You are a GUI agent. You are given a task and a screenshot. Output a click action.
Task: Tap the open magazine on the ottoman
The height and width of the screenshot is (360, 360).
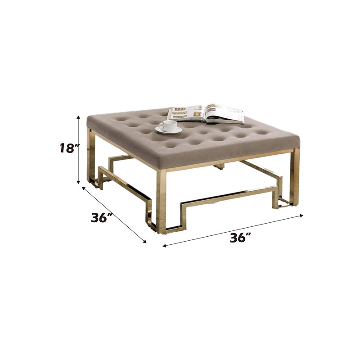205,114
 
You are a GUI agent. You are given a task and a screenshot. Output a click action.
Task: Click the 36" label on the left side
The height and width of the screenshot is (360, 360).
101,218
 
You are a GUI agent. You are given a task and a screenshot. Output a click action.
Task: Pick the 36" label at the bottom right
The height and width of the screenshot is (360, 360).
240,238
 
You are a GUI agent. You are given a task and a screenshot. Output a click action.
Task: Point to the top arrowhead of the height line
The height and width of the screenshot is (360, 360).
78,117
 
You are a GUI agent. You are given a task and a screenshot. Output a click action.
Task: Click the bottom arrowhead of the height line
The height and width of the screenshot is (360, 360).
78,182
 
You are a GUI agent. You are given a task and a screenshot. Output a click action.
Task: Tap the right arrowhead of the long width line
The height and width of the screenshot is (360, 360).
301,216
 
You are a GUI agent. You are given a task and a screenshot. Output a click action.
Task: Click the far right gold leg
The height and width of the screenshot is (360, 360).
295,177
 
